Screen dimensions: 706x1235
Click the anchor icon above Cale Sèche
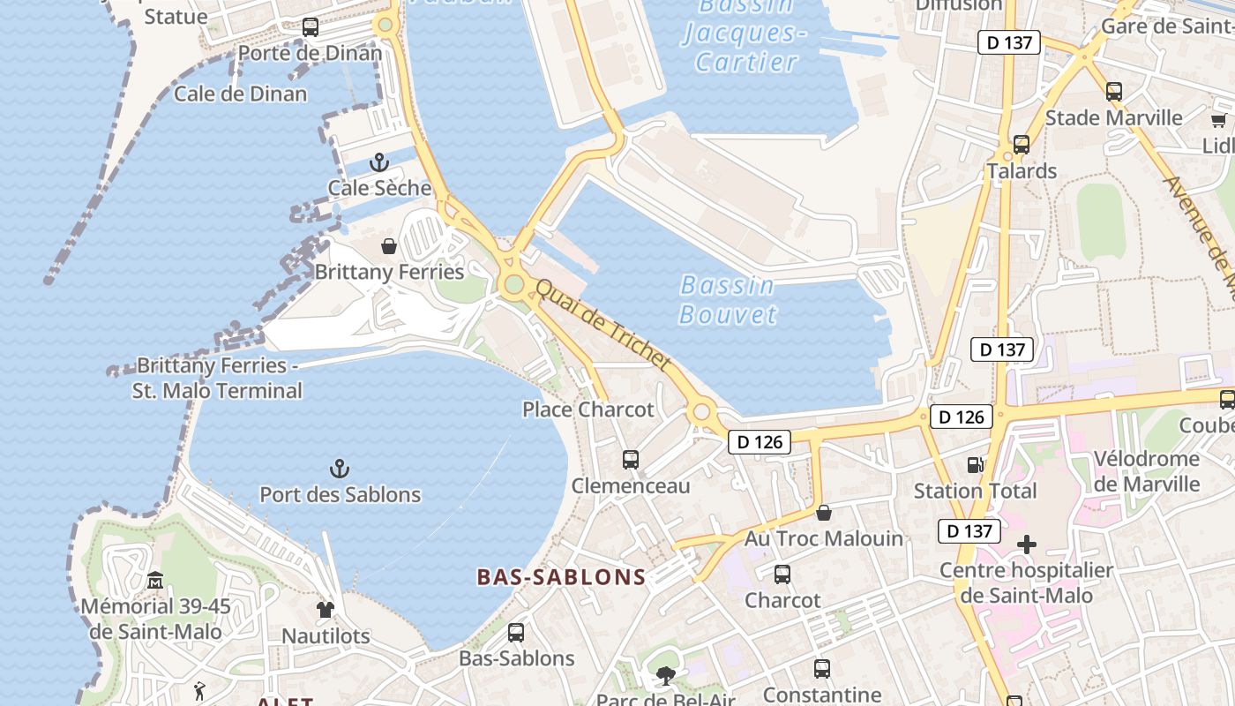[378, 162]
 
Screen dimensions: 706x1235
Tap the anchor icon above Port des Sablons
[340, 469]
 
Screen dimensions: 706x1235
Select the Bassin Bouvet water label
[729, 299]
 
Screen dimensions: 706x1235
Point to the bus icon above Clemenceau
[630, 460]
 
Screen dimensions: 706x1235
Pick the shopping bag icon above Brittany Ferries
[388, 246]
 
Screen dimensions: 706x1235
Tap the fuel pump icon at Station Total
[975, 464]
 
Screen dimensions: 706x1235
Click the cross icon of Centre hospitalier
[1027, 545]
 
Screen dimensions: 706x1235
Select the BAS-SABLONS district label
[561, 577]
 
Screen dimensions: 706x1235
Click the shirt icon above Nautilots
[326, 610]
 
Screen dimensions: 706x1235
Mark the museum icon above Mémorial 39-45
[155, 581]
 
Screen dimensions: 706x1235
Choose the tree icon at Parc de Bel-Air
[665, 677]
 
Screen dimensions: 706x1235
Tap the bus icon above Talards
[1022, 145]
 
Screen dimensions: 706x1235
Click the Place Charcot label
[588, 409]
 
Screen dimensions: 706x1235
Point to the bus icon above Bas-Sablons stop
[516, 633]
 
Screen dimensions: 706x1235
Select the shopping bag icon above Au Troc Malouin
[824, 513]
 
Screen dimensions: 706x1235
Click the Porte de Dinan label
[311, 53]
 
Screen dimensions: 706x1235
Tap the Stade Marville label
[1113, 118]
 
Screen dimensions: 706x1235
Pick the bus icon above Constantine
[822, 669]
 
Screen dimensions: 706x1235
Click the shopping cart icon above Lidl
[1218, 121]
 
